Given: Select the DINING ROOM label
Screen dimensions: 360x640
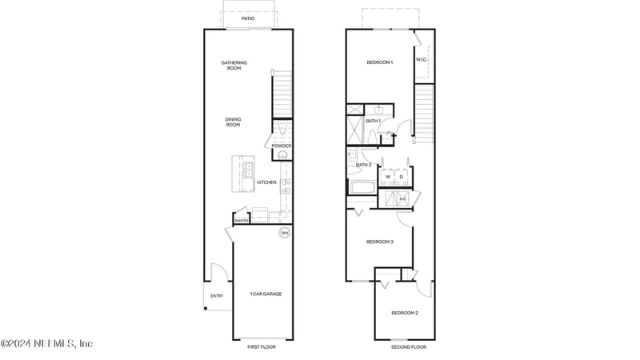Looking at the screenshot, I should (x=233, y=122).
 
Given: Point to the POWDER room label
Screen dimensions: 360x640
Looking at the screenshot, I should (x=282, y=146).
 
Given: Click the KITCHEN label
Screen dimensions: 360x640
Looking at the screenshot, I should (x=267, y=182).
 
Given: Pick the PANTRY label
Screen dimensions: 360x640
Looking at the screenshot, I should (x=241, y=221).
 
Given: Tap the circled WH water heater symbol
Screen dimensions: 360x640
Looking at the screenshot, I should (x=284, y=234).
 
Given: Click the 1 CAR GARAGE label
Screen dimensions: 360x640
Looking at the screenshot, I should (x=265, y=294).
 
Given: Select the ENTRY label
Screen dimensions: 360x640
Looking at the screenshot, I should (x=217, y=296).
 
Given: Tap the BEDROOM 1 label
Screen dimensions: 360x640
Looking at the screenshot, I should (x=380, y=62).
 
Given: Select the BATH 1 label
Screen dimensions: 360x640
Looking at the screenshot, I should (x=373, y=121).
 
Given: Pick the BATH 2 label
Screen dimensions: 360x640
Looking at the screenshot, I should (x=363, y=165).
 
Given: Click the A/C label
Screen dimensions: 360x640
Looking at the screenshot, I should (x=402, y=198).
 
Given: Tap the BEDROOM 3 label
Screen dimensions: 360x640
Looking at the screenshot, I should (x=379, y=242).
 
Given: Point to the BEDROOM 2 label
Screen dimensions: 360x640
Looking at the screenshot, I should (x=405, y=313).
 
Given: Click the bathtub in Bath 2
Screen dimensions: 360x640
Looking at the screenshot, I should (x=361, y=189).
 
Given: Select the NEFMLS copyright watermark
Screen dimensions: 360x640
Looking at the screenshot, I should (x=46, y=343).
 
